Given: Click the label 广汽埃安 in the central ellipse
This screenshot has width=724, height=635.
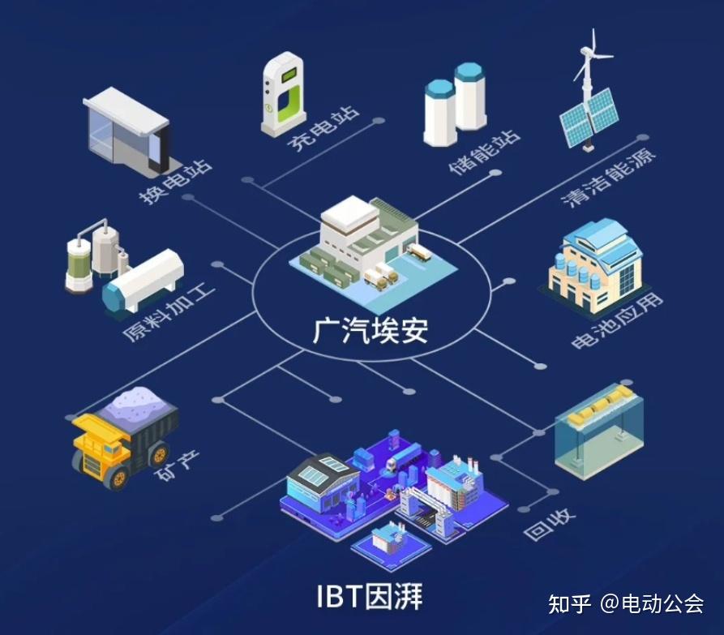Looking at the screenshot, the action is (x=371, y=329).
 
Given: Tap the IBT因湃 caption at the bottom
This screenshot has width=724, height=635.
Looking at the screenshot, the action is (x=370, y=596).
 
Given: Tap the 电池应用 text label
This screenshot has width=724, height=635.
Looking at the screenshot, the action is (x=617, y=323).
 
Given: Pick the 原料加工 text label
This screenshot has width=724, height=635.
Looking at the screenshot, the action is (x=169, y=313).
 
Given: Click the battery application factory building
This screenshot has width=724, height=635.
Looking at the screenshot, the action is (x=594, y=264).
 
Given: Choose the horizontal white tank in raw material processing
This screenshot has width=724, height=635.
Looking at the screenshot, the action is (x=144, y=280).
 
